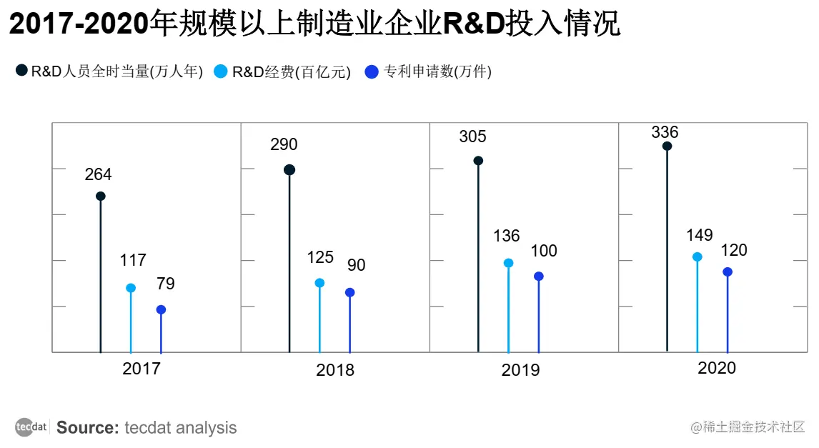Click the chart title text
click(314, 25)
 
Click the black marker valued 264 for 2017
click(101, 196)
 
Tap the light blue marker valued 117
click(131, 288)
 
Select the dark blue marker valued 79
click(161, 309)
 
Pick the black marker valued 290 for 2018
click(289, 170)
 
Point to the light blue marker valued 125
click(319, 283)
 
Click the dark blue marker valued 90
click(349, 292)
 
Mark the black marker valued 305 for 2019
click(478, 161)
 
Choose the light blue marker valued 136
click(508, 263)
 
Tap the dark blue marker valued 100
click(539, 276)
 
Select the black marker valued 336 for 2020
click(667, 146)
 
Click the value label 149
click(700, 235)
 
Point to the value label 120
click(734, 250)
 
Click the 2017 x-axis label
click(142, 369)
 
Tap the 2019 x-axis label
click(520, 370)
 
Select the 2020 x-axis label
click(716, 369)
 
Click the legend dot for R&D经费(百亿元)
click(221, 71)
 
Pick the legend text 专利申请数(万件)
click(438, 71)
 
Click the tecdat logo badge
click(31, 427)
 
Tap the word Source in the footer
click(87, 428)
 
